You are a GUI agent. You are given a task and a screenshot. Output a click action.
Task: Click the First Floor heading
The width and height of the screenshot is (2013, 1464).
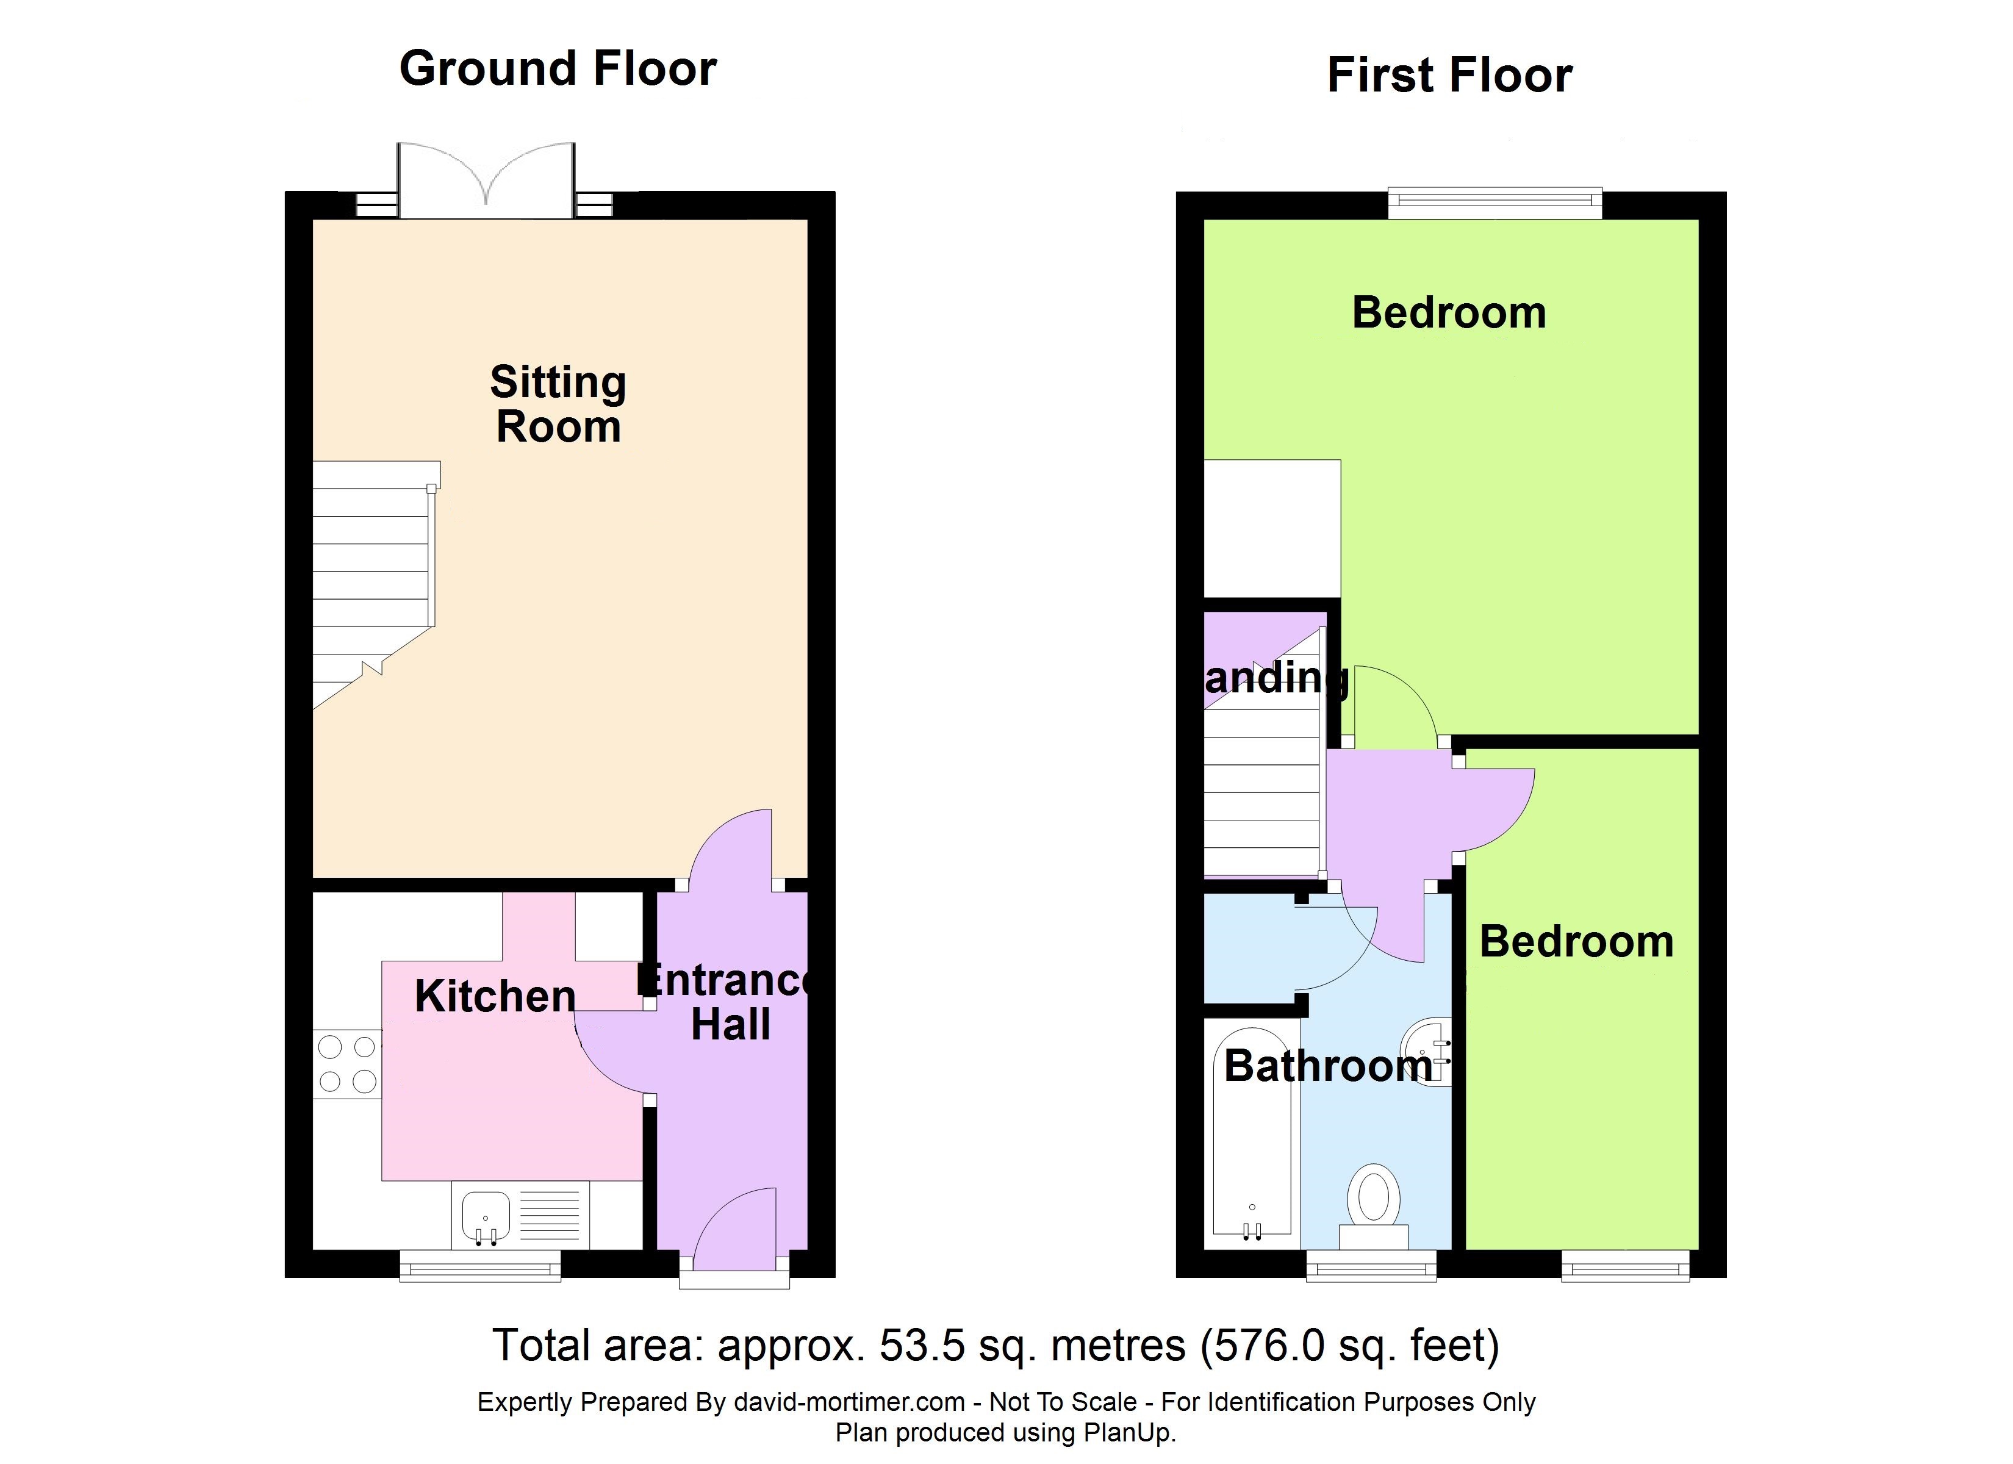tap(1449, 74)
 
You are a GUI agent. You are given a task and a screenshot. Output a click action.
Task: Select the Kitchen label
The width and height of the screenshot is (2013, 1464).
tap(495, 996)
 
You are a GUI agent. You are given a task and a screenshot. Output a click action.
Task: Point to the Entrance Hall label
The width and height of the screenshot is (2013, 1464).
tap(726, 1002)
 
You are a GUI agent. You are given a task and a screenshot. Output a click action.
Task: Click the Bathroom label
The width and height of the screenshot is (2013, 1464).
tap(1328, 1066)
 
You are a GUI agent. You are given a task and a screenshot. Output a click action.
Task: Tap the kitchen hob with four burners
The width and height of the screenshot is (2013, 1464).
tap(347, 1064)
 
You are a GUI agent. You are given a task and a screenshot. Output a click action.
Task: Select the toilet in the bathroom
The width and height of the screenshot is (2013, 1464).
tap(1373, 1205)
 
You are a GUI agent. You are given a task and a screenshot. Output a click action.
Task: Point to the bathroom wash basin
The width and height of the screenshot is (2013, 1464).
tap(1426, 1051)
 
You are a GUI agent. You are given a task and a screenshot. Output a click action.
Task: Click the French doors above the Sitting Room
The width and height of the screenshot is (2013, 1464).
tap(486, 180)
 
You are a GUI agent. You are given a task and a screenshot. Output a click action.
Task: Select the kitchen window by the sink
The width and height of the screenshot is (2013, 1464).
tap(480, 1265)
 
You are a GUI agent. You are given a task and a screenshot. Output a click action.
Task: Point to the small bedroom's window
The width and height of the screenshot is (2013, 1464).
tap(1625, 1265)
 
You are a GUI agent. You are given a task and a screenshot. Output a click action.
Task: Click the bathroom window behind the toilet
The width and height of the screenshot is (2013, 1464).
tap(1371, 1265)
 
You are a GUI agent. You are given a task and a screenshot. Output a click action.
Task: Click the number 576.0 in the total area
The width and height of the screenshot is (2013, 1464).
tap(1270, 1346)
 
